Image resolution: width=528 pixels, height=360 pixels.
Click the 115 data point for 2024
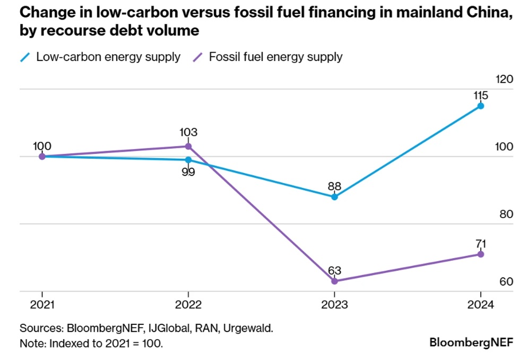tap(480, 106)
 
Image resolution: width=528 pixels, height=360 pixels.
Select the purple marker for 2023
tap(334, 281)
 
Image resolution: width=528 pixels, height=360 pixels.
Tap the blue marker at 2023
tap(334, 196)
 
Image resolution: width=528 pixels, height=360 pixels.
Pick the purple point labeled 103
tap(188, 146)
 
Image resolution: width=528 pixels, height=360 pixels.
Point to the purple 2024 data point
tap(480, 254)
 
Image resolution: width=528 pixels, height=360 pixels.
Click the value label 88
tap(334, 186)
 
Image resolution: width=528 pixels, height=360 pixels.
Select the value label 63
tap(334, 270)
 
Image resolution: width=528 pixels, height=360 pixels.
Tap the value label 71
tap(480, 244)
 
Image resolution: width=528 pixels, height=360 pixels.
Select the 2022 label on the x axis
tap(188, 305)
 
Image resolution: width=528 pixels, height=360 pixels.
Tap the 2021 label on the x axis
tap(42, 305)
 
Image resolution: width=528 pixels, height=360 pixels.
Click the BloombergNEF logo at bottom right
tap(471, 342)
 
